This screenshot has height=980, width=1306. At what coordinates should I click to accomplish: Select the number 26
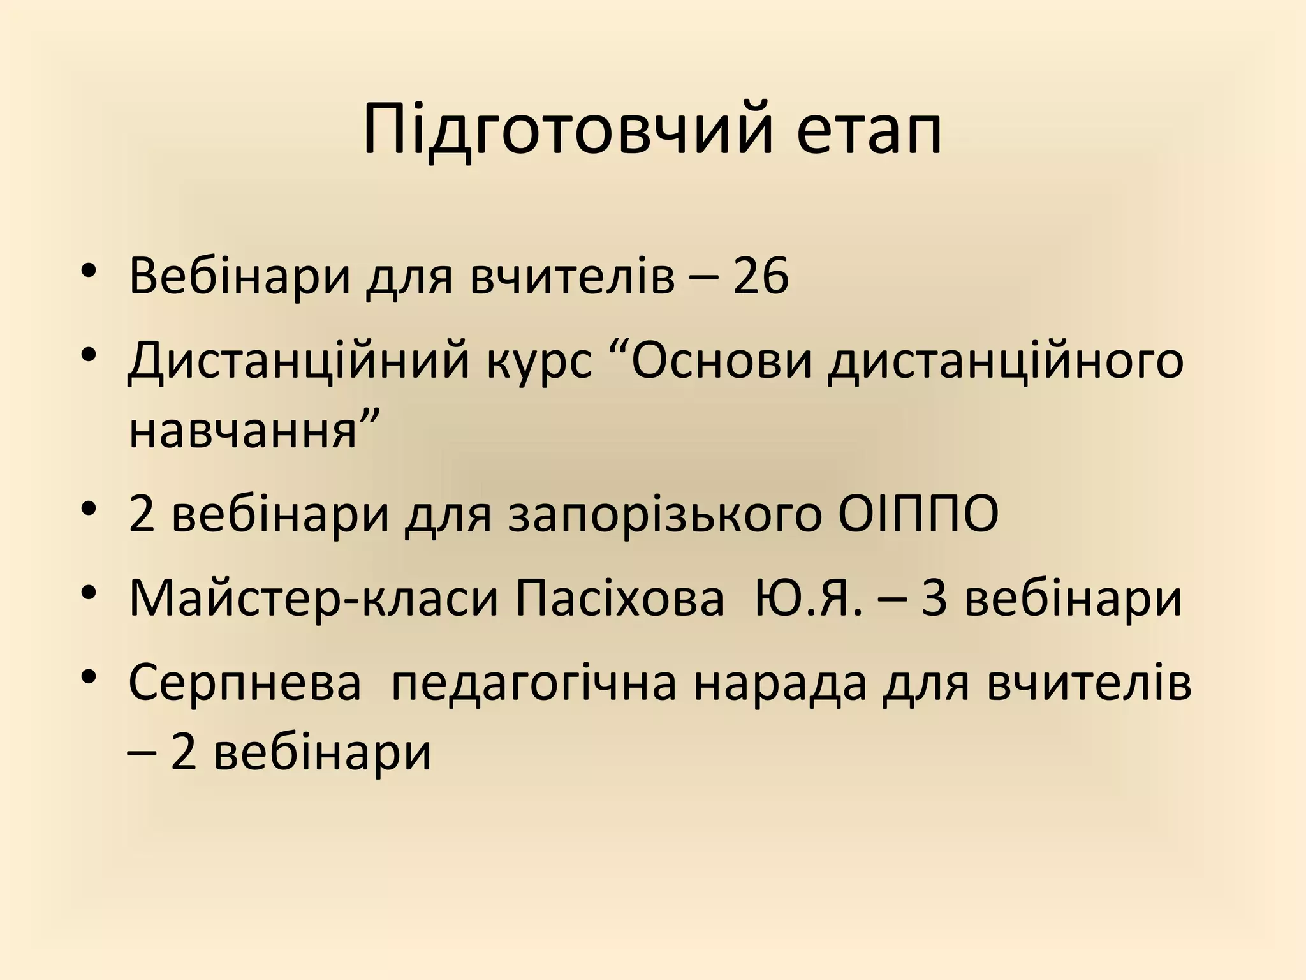coord(761,276)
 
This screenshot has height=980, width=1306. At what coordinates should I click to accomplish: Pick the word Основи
coord(722,361)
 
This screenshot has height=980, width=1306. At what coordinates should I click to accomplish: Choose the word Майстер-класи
coord(313,600)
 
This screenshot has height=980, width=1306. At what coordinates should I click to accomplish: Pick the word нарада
coord(781,683)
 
